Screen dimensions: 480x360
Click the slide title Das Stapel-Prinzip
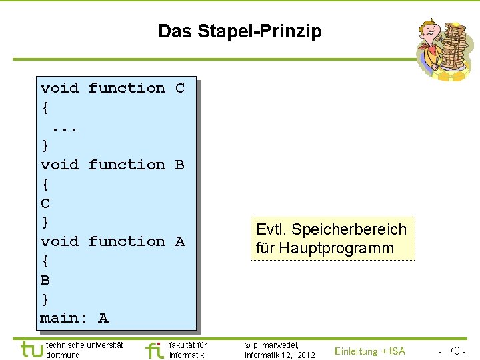click(x=239, y=31)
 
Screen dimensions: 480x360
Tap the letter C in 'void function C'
click(x=179, y=88)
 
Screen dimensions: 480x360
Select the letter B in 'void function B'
click(x=179, y=165)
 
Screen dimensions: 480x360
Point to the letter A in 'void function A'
click(x=179, y=241)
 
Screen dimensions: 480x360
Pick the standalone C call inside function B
click(x=45, y=203)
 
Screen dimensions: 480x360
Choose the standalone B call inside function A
click(x=45, y=280)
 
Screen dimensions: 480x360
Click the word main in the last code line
click(x=59, y=318)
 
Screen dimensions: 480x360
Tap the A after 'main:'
click(x=103, y=318)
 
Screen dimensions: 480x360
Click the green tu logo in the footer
click(x=30, y=349)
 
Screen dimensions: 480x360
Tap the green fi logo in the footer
click(x=154, y=350)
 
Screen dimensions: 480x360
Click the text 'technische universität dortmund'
click(x=84, y=350)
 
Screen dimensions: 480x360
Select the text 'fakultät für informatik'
click(x=188, y=350)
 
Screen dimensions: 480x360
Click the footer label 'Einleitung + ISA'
click(x=369, y=351)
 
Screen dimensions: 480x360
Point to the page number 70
click(x=456, y=351)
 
